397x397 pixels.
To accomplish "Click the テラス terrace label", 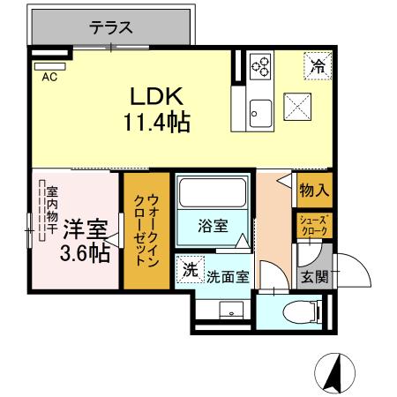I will click(x=111, y=26).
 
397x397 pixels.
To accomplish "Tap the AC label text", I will click(x=49, y=76).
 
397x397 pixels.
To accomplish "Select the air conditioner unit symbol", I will click(x=49, y=64).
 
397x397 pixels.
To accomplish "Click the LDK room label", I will click(x=157, y=95).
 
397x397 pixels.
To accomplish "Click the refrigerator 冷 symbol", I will click(x=316, y=64).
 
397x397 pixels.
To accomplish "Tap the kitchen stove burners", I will click(x=261, y=65).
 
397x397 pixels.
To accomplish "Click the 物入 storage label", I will click(x=313, y=190).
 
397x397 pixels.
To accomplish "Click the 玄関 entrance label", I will click(x=314, y=276).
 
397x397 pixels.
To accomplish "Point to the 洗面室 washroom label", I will click(x=228, y=275).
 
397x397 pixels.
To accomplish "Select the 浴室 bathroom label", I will click(x=212, y=225).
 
